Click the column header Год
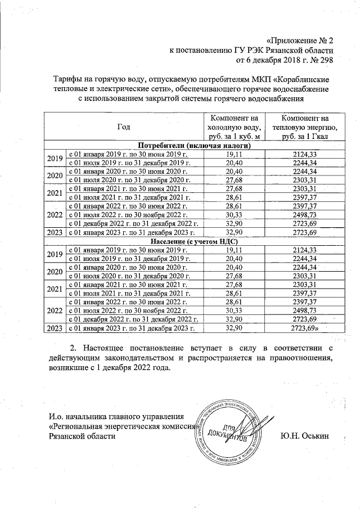(124, 127)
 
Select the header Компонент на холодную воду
(233, 127)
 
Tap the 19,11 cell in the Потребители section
(233, 154)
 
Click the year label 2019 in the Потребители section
(55, 157)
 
